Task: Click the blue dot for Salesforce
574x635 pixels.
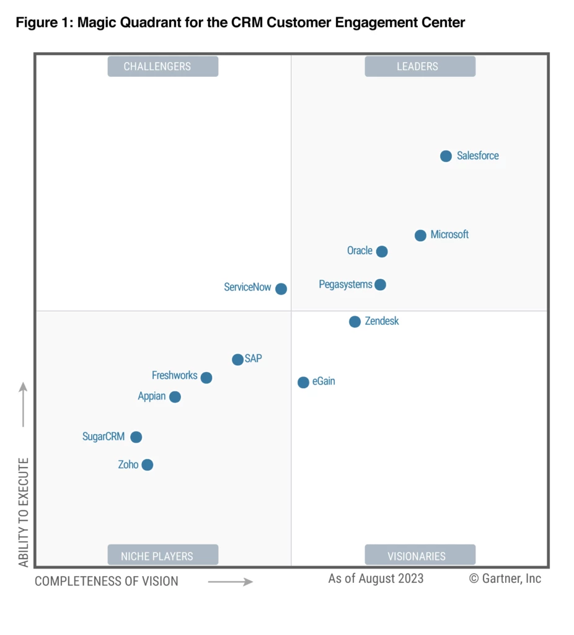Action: (446, 156)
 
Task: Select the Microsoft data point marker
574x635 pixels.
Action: (420, 236)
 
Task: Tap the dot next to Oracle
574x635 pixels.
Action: (382, 252)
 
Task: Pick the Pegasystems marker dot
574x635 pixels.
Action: (380, 285)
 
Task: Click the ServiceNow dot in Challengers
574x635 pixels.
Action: (281, 289)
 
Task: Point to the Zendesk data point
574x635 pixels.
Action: (355, 322)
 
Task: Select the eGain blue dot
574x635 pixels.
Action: (303, 383)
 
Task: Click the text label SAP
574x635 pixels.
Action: (254, 359)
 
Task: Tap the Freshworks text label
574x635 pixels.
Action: (174, 376)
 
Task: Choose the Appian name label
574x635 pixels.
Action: (151, 396)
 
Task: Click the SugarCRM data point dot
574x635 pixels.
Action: (136, 437)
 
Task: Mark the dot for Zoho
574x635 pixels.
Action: (147, 465)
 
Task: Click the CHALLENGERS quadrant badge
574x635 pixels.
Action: (163, 66)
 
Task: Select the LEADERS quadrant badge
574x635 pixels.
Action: (420, 66)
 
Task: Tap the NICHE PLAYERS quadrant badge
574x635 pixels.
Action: (163, 556)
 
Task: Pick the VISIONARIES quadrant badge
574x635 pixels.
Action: (420, 556)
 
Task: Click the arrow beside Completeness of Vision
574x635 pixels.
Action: (230, 582)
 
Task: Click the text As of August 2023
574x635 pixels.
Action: (376, 579)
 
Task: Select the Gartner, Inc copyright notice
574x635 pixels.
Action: (505, 579)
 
